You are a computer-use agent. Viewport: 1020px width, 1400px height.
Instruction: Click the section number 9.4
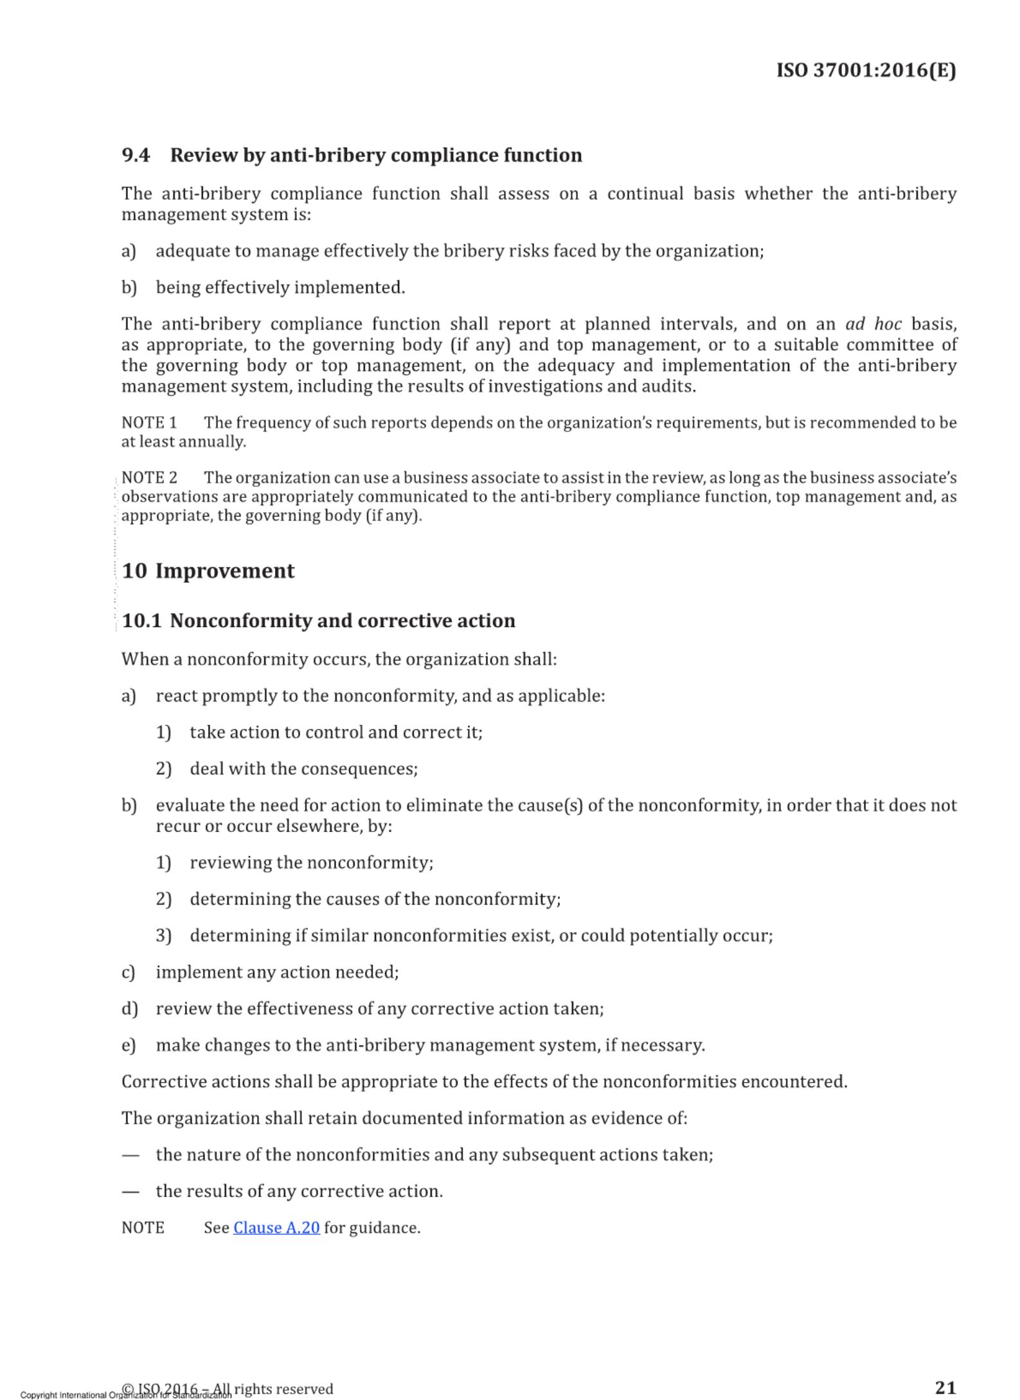pos(136,155)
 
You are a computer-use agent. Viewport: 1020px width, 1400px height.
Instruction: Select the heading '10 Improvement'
pos(208,571)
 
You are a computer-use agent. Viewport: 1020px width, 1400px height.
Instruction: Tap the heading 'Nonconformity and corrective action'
pos(343,621)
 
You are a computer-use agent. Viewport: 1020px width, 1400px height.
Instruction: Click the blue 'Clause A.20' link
pos(276,1228)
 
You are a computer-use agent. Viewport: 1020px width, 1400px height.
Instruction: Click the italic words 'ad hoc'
pos(873,324)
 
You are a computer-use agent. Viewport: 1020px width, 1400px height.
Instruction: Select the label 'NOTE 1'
pos(149,423)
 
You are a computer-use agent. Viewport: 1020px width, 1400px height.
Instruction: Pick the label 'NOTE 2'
pos(149,478)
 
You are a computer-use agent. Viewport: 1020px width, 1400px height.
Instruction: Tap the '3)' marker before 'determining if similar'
pos(163,935)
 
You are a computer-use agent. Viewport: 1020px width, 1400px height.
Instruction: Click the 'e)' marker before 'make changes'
pos(129,1045)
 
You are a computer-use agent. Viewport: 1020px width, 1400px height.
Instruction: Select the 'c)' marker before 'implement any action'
pos(129,972)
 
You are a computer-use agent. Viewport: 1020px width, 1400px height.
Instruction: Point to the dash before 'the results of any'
pos(130,1192)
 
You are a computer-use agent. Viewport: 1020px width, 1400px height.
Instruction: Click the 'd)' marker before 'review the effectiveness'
pos(129,1009)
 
